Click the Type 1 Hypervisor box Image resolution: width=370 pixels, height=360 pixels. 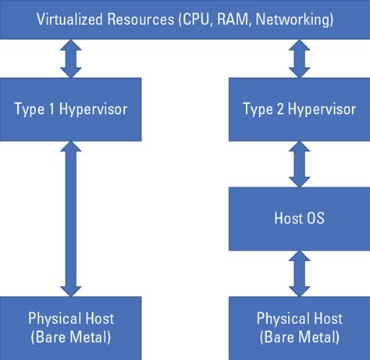70,109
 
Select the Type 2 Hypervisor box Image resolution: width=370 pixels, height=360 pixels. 299,109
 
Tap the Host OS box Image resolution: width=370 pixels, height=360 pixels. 299,219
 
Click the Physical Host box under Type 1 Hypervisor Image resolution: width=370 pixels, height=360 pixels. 70,328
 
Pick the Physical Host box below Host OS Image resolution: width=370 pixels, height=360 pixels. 299,328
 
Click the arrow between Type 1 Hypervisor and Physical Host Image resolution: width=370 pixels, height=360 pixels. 71,219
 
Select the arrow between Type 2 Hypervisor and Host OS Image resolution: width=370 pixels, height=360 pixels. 300,164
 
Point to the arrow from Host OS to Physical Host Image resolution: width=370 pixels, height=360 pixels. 300,273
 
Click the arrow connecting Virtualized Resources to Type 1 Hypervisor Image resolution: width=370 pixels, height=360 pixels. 71,59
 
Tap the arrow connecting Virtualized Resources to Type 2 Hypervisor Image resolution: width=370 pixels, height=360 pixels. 300,59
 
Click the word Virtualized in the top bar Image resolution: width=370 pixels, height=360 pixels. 69,20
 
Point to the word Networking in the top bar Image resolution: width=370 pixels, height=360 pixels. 293,20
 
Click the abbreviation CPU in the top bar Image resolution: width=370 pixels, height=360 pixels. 196,20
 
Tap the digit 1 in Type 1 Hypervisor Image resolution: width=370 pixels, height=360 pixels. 52,109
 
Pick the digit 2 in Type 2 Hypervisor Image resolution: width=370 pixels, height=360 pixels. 280,109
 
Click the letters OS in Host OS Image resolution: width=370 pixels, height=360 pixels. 315,218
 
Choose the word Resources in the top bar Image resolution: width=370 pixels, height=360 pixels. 141,20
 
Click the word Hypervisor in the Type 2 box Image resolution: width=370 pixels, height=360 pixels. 322,109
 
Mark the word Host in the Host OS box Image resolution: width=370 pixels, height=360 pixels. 288,218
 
